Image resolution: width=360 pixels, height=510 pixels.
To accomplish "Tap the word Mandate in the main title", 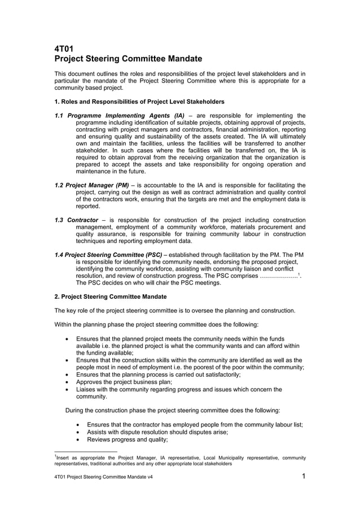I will click(178, 59).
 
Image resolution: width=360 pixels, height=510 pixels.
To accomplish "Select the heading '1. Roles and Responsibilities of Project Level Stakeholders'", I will click(139, 102).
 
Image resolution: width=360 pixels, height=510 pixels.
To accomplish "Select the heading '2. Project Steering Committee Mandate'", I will click(110, 297).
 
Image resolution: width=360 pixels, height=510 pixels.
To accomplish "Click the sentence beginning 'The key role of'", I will click(174, 310).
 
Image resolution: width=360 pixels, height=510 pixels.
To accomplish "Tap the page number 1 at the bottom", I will click(303, 476).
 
